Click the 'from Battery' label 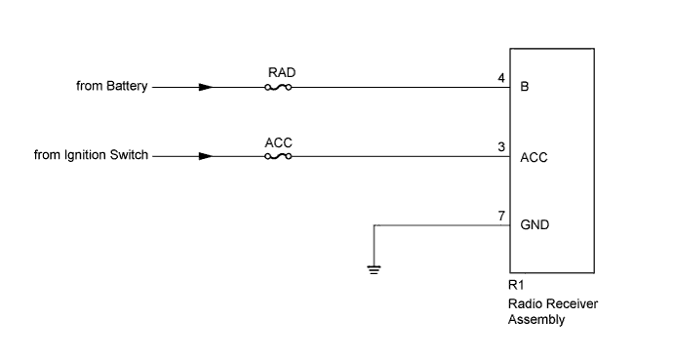point(111,86)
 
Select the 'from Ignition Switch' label point(91,155)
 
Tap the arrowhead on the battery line point(205,86)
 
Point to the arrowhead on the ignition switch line point(205,155)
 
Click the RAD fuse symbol point(278,86)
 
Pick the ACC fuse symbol point(278,155)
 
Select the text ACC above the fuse point(278,141)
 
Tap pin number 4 point(501,77)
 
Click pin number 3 point(501,146)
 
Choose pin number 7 point(501,215)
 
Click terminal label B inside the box point(525,86)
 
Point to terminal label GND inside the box point(535,224)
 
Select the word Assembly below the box point(536,318)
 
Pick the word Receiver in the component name point(572,303)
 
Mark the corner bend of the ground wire point(374,224)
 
